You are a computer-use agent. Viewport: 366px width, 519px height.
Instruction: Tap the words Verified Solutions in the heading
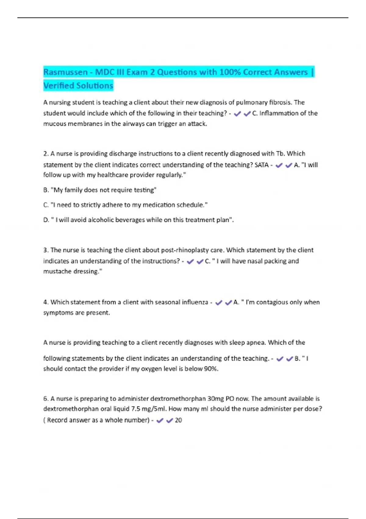coord(78,86)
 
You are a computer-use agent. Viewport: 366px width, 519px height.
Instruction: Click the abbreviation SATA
coord(261,165)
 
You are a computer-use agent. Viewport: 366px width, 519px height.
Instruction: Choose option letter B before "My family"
coord(46,190)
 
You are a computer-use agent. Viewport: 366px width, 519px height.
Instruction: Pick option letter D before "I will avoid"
coord(46,220)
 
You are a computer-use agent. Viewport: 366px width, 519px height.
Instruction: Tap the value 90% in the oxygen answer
coord(211,369)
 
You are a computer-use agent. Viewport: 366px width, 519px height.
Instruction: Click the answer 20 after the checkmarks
coord(178,420)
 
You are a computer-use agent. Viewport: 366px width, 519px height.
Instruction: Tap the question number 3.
coord(45,250)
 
